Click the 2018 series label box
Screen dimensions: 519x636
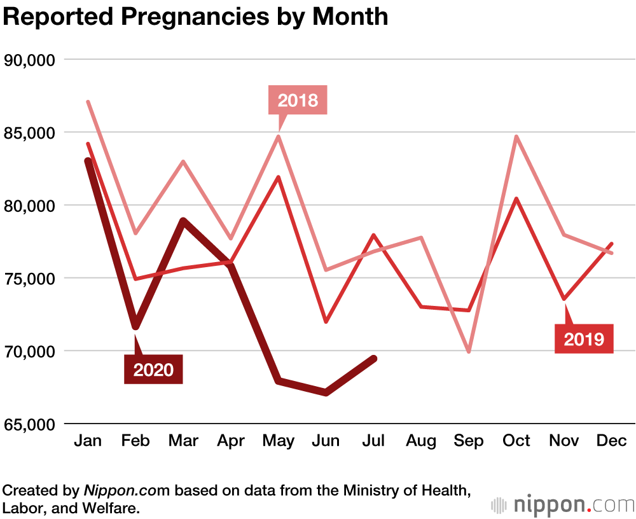298,100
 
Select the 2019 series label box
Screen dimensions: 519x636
584,338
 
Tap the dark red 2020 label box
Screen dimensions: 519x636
153,369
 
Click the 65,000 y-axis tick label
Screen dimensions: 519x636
30,424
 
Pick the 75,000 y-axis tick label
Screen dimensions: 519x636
30,279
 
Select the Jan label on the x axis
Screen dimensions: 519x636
88,441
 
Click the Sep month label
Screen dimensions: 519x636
469,441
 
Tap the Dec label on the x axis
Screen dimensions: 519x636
612,441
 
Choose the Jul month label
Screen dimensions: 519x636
373,441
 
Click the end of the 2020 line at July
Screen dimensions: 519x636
374,359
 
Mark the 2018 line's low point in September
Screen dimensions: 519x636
469,351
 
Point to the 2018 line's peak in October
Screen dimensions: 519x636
516,137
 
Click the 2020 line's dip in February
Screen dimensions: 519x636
135,327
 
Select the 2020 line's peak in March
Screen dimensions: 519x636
183,221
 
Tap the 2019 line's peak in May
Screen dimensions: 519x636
279,177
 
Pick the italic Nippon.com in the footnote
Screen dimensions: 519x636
127,491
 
